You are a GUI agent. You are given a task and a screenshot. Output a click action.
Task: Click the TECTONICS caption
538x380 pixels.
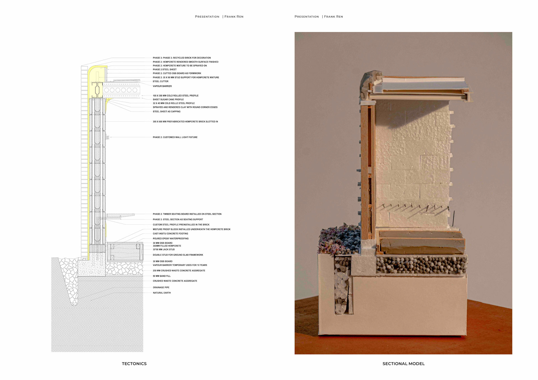134,363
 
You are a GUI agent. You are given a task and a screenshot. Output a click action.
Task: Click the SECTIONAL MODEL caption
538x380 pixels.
403,363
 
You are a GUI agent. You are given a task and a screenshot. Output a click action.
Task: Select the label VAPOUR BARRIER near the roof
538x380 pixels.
162,86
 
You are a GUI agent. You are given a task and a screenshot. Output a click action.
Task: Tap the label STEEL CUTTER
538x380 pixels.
160,81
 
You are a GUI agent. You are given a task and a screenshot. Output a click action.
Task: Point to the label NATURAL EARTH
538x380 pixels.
161,293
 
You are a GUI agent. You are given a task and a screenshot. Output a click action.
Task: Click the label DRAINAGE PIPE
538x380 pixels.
161,287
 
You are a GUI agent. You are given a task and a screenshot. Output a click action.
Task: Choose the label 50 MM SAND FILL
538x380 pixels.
161,276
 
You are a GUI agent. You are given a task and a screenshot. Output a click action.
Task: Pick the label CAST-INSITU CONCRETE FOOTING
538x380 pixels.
170,234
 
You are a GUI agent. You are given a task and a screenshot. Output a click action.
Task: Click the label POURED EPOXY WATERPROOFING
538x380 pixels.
170,239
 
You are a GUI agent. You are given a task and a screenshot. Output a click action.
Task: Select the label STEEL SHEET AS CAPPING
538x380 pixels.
166,111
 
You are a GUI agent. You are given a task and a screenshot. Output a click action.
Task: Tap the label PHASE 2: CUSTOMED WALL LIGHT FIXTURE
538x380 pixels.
175,137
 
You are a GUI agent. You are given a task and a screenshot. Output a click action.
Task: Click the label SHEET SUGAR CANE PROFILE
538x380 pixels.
168,99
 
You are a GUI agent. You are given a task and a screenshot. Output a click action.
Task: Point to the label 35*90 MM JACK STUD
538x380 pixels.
164,250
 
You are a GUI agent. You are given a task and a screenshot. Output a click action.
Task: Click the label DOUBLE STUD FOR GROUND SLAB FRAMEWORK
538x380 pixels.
178,255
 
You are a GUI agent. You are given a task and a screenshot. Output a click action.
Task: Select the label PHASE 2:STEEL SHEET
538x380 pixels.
164,69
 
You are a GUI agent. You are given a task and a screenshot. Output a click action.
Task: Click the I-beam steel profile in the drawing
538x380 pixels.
97,89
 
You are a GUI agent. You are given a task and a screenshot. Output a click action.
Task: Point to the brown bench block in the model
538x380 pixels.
420,242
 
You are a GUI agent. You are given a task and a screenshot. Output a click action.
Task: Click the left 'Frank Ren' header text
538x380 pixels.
234,17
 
